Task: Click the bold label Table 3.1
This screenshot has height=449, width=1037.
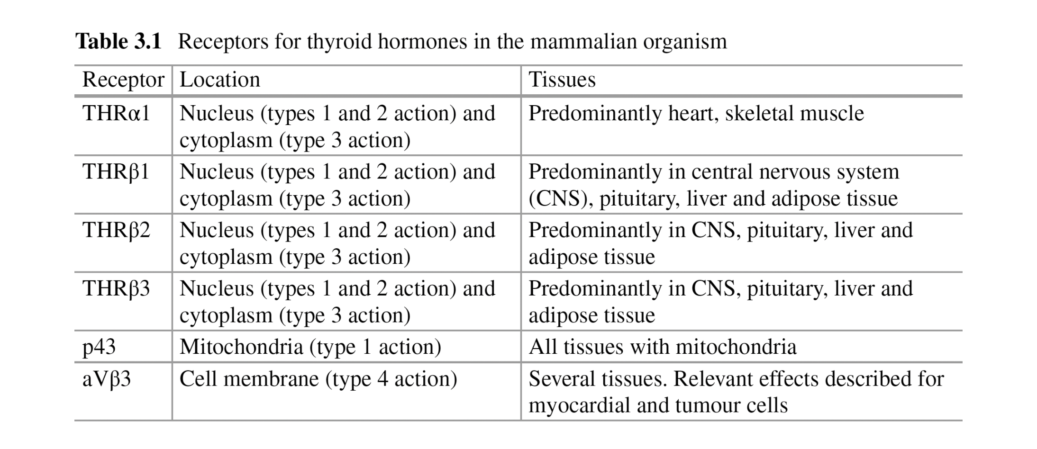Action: pos(118,41)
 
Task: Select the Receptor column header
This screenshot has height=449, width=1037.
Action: pos(123,80)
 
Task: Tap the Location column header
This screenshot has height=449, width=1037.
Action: pos(220,80)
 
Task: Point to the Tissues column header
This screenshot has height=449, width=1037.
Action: pos(562,80)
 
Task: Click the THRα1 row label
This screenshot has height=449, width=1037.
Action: pos(116,114)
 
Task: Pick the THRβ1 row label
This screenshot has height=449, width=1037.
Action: pos(116,172)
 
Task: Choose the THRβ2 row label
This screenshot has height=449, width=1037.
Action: pos(116,231)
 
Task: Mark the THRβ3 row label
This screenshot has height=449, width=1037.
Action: pos(116,289)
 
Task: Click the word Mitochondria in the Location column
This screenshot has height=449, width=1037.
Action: pos(241,347)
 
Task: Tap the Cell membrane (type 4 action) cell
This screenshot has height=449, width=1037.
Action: pos(318,379)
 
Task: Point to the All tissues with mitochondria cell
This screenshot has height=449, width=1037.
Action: pos(663,347)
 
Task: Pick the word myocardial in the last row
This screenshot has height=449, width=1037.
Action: pos(579,406)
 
